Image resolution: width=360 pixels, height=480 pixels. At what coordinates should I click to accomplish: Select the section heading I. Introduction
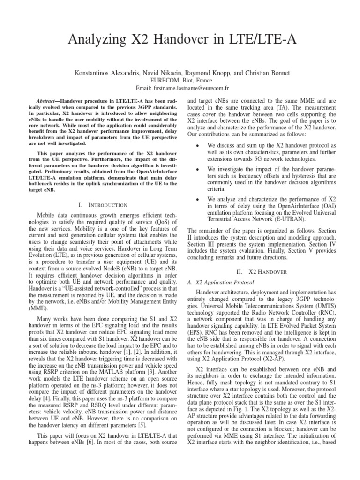[x=104, y=205]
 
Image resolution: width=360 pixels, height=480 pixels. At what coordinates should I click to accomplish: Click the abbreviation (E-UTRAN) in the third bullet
[x=288, y=218]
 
